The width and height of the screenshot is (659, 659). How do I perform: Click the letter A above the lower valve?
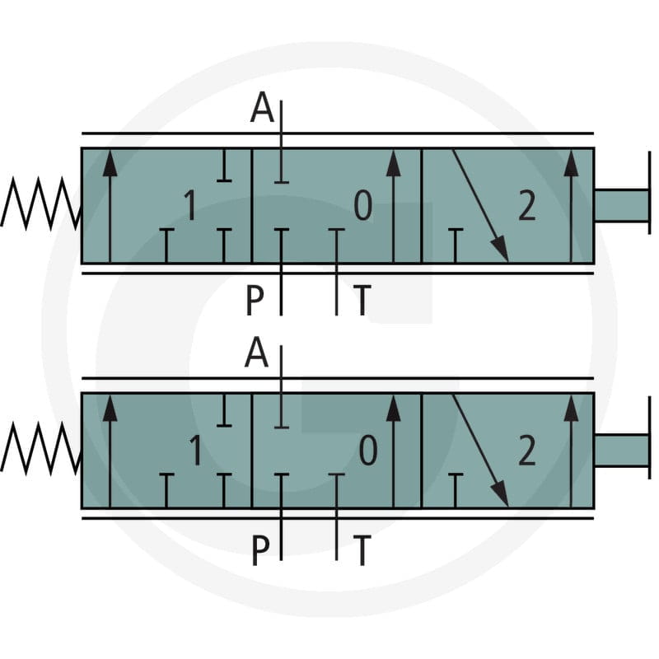pyautogui.click(x=256, y=353)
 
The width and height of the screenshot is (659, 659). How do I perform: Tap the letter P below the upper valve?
pyautogui.click(x=255, y=300)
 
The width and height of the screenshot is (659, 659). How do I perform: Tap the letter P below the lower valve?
pyautogui.click(x=260, y=549)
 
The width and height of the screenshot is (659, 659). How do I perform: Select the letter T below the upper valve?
pyautogui.click(x=362, y=300)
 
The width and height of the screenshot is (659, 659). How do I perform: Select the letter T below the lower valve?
pyautogui.click(x=362, y=549)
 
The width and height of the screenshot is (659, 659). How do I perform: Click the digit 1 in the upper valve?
pyautogui.click(x=190, y=205)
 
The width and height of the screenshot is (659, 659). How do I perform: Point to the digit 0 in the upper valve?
pyautogui.click(x=362, y=205)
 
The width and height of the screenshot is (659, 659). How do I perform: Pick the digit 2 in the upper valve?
pyautogui.click(x=527, y=205)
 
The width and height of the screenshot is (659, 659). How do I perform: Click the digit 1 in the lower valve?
pyautogui.click(x=195, y=450)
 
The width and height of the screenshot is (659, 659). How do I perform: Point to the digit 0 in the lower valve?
pyautogui.click(x=367, y=450)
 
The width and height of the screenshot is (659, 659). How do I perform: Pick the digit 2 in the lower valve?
pyautogui.click(x=527, y=450)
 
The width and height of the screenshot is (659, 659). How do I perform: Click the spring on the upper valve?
pyautogui.click(x=40, y=203)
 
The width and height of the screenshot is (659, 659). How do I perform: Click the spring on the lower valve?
pyautogui.click(x=40, y=449)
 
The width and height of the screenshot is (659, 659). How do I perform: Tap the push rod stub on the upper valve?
pyautogui.click(x=622, y=205)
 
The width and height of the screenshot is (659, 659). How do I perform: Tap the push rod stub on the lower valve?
pyautogui.click(x=622, y=450)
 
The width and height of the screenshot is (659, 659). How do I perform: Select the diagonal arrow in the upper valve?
pyautogui.click(x=480, y=205)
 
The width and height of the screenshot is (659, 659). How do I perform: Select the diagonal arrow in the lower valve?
pyautogui.click(x=480, y=451)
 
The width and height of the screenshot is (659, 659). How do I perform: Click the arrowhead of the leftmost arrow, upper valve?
pyautogui.click(x=110, y=163)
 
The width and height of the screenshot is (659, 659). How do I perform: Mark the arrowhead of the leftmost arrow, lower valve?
pyautogui.click(x=110, y=408)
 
